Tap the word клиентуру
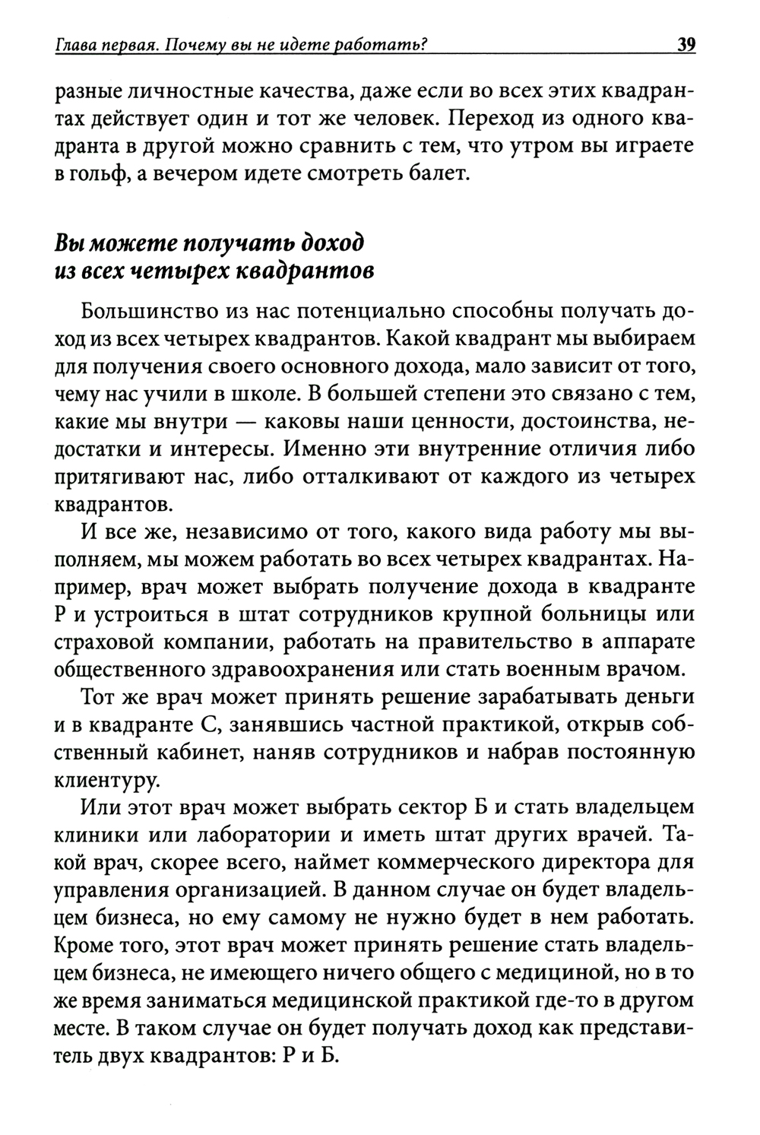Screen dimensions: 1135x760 click(106, 778)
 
